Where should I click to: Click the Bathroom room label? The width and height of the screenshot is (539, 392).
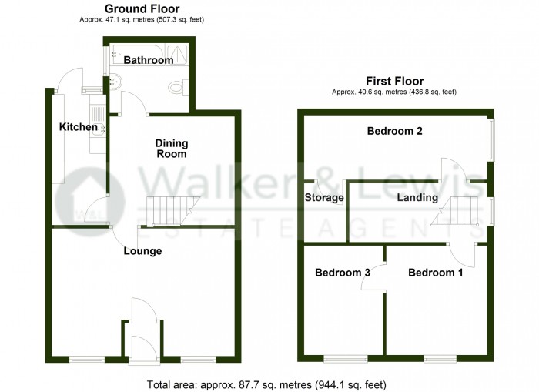(149, 60)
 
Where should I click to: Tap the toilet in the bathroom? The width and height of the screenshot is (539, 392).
(179, 87)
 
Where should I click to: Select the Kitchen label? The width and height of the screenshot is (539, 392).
(79, 127)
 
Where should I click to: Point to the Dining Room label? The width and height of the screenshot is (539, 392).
(172, 148)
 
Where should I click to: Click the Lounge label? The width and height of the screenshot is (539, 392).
(142, 251)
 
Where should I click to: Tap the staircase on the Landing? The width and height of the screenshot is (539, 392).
(454, 211)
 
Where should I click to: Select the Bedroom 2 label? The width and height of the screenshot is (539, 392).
(394, 131)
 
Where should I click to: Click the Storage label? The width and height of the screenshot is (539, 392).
(324, 197)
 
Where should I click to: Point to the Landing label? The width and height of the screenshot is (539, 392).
(417, 197)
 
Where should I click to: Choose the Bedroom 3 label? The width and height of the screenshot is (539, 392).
(343, 273)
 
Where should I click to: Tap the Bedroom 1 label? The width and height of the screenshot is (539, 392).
(436, 273)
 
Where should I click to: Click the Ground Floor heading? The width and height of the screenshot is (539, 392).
(142, 8)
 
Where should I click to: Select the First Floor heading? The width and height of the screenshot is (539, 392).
(394, 81)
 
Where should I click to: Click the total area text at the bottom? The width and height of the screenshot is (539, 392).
(266, 384)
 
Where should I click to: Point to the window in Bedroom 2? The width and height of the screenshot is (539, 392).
(491, 139)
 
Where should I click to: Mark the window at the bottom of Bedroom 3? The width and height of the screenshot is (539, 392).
(346, 360)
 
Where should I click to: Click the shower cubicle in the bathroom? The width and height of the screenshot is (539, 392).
(177, 54)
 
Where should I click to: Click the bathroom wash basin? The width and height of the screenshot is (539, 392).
(115, 81)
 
